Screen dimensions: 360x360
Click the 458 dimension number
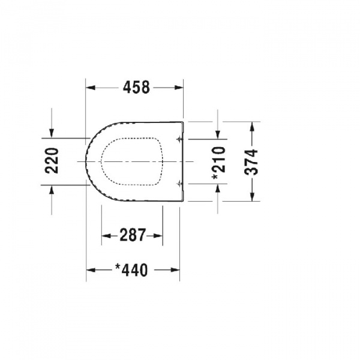(136, 88)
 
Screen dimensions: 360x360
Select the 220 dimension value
(52, 161)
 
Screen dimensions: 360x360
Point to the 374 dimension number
(251, 162)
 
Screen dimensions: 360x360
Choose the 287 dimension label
(133, 235)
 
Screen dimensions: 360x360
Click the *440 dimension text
(131, 270)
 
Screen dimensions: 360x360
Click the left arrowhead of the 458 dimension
(91, 88)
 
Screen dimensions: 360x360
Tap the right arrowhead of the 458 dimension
(179, 88)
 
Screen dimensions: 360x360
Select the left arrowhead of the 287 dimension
(106, 236)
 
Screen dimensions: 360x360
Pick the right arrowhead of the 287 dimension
(158, 236)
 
